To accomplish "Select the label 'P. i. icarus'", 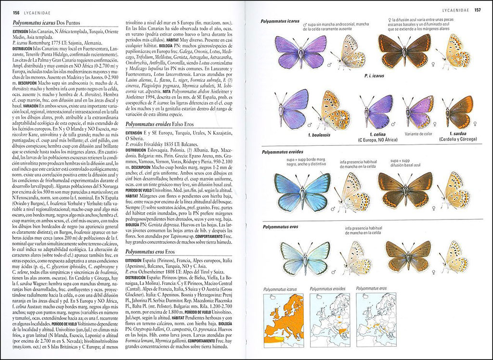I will (374, 76).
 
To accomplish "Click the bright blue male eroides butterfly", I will (302, 192).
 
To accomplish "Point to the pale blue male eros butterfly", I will (305, 257).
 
